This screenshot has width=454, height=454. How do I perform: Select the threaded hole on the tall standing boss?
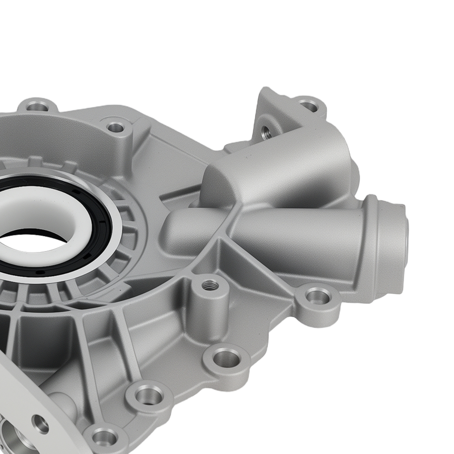point(210,285)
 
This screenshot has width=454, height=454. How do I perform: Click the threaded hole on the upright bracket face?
point(266,132)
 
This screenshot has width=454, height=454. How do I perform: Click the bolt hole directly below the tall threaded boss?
point(226,358)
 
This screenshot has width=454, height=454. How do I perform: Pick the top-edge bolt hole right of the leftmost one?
point(116,127)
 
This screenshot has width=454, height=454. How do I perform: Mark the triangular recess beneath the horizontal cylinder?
point(245,272)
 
